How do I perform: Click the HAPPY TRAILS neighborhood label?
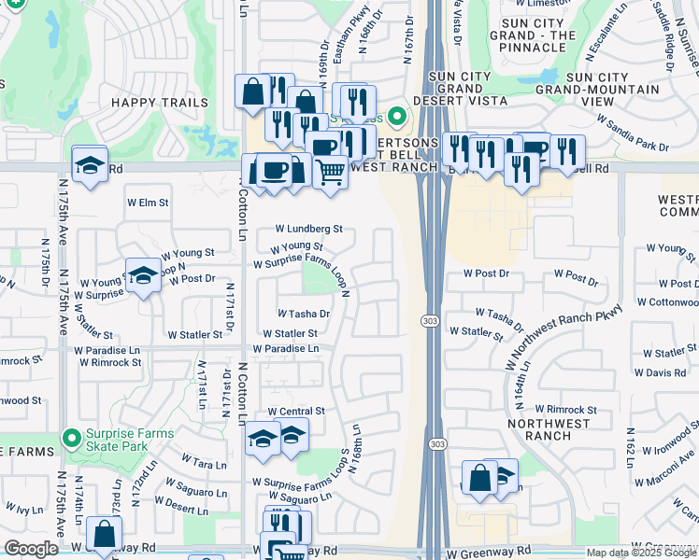coord(157,101)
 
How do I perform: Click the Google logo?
coord(32,549)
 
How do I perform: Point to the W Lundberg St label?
coord(308,228)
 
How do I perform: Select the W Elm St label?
coord(148,202)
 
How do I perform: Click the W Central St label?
coord(295,411)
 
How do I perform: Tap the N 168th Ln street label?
coord(355,448)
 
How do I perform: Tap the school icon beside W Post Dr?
coord(142,275)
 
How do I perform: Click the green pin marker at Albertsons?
coord(397,118)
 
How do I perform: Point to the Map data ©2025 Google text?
coord(641,553)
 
